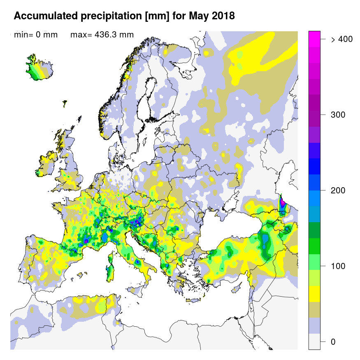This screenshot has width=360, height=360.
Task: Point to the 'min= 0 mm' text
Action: pos(36,35)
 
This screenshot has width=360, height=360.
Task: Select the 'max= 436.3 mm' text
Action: pos(102,35)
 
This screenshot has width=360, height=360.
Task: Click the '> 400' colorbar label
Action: pos(341,39)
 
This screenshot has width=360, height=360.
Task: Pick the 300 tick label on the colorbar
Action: pos(338,115)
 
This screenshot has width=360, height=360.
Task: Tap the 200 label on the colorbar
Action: pos(338,190)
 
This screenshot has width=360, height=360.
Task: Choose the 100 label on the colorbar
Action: pos(338,266)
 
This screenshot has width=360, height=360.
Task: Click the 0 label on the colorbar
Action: pos(333,342)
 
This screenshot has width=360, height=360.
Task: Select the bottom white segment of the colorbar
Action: pos(314,341)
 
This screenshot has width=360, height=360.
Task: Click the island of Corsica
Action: pos(111,259)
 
